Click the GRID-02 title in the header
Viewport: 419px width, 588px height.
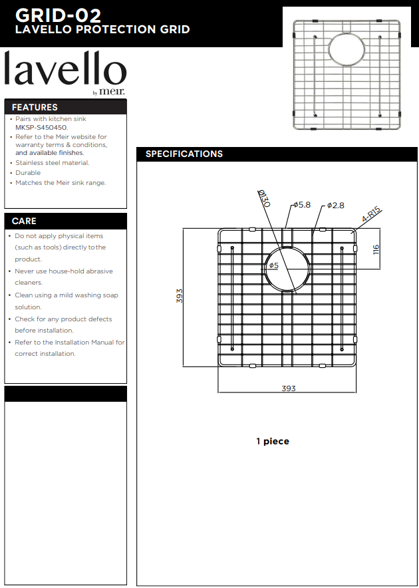tap(58, 16)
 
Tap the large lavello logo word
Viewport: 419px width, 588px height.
tap(65, 69)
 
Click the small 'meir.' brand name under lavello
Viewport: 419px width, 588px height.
tap(112, 92)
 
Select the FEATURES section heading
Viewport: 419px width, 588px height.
tap(35, 107)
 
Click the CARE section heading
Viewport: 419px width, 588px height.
tap(24, 221)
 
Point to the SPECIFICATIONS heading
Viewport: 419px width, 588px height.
tap(184, 154)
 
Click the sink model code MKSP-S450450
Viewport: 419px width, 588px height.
tap(41, 128)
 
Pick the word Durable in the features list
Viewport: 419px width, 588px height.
tap(28, 173)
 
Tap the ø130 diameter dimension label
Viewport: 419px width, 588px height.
tap(264, 198)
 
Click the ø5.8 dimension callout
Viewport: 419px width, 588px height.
tap(302, 205)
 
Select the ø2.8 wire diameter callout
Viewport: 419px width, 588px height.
tap(335, 205)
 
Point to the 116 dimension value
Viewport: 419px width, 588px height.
tap(376, 249)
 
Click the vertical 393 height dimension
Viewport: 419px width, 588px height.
tap(180, 296)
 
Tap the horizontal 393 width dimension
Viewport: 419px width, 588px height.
tap(289, 388)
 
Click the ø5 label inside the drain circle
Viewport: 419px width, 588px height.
tap(274, 265)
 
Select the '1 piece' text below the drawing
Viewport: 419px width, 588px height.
tap(273, 442)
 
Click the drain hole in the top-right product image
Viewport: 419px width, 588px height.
tap(347, 51)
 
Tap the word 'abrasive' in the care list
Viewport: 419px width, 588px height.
tap(99, 271)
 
